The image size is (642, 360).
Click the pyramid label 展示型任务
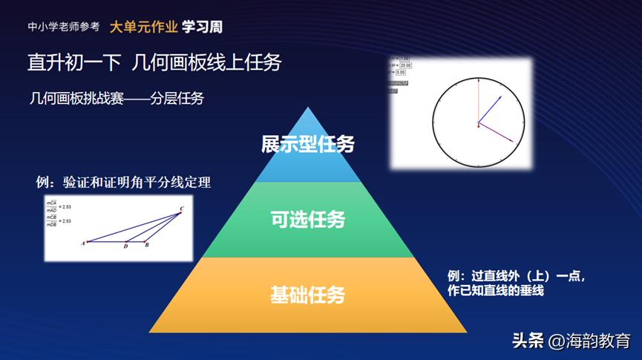coord(307,144)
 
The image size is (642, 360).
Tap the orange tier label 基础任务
coord(307,295)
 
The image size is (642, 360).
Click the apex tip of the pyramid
coord(307,108)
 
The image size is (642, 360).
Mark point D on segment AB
coord(126,241)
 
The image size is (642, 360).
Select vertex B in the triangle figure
coord(146,241)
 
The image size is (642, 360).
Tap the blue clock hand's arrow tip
coord(502,96)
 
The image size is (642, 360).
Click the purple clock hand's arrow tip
coord(514,140)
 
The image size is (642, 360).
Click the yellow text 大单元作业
coord(143,27)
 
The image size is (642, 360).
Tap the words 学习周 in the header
coord(202,27)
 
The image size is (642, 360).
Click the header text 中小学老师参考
coord(64,27)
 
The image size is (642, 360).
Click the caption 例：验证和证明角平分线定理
coord(124,182)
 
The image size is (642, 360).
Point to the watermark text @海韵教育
coord(589,341)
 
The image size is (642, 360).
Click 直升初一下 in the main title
coord(73,62)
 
